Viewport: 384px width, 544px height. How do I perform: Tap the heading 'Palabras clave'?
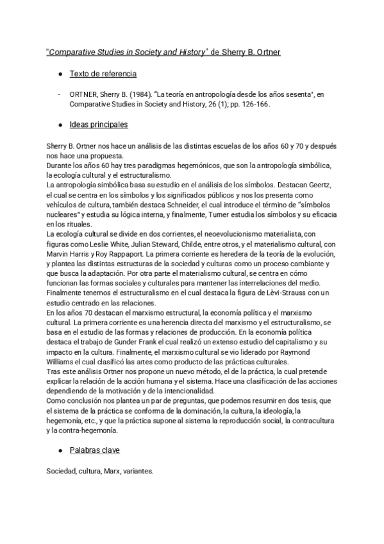(x=96, y=450)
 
